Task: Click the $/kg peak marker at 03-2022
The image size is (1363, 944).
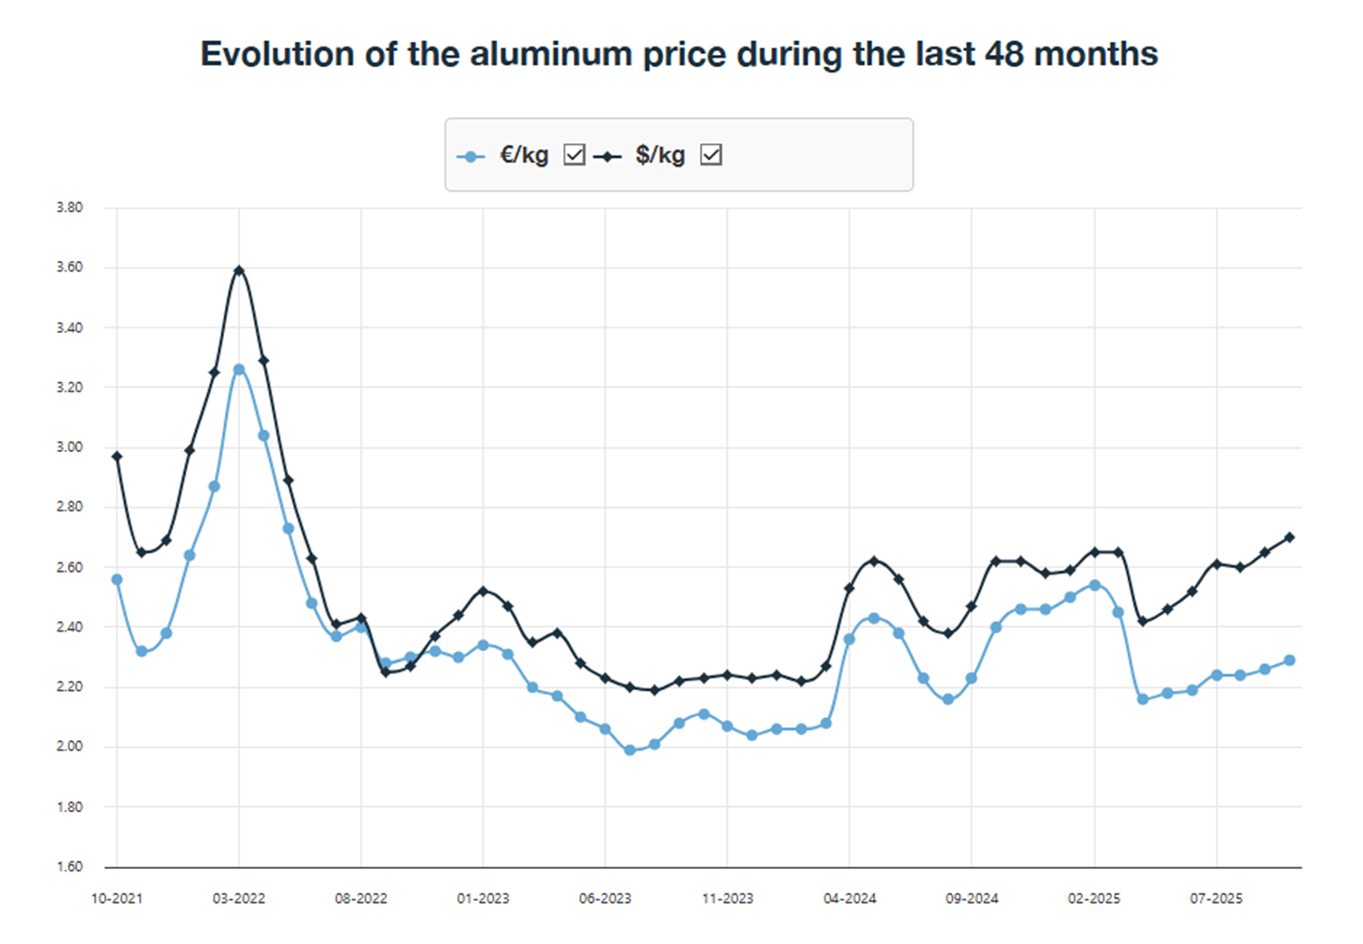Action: [x=239, y=271]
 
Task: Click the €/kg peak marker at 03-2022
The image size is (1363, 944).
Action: [x=239, y=369]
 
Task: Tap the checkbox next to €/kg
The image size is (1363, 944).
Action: [x=575, y=154]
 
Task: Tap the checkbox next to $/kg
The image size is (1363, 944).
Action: [x=711, y=154]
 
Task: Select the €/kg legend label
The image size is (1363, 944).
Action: [x=523, y=155]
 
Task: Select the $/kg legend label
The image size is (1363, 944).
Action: [x=660, y=155]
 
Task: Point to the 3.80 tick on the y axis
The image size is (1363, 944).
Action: [x=70, y=207]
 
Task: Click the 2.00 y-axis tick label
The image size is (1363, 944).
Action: [x=70, y=746]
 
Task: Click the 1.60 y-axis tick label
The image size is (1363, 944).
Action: [x=70, y=866]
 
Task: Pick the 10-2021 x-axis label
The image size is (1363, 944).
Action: [x=116, y=898]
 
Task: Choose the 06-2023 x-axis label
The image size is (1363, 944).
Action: [x=605, y=898]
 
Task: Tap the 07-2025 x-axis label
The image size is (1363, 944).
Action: [x=1216, y=898]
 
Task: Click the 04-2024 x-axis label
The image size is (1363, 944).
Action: [x=850, y=898]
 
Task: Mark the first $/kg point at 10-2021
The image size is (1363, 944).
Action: [x=117, y=457]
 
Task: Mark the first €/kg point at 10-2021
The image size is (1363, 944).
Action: [x=117, y=579]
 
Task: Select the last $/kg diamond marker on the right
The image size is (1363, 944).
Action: [x=1290, y=538]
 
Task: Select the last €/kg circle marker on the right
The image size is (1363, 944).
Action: [x=1290, y=660]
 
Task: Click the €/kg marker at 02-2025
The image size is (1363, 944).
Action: [x=1094, y=585]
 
